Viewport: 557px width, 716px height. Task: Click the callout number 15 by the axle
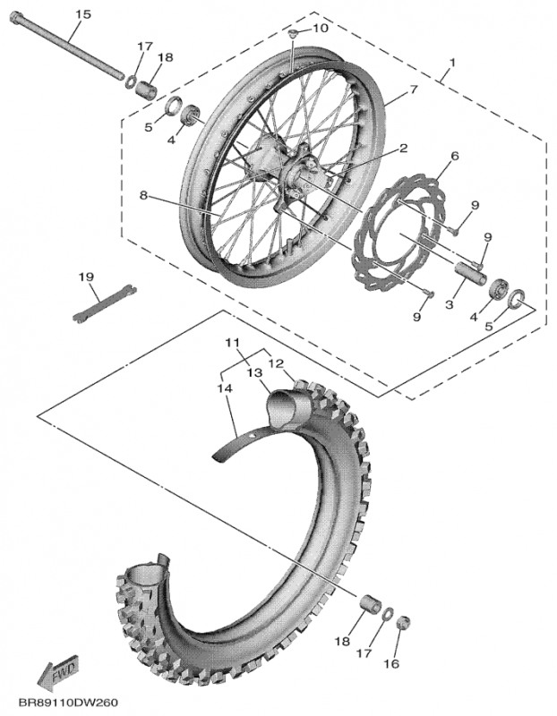[82, 14]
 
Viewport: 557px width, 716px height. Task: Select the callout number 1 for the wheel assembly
[452, 64]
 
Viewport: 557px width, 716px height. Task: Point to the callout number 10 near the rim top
[320, 29]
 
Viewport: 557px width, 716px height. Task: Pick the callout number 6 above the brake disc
[454, 156]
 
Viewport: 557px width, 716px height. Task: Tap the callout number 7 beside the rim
[414, 89]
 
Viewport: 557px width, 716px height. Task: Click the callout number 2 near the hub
[404, 148]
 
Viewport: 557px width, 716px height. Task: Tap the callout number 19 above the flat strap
[86, 277]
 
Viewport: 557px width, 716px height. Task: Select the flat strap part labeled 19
[103, 302]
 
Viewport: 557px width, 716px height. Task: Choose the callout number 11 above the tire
[233, 344]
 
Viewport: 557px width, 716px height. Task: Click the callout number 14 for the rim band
[223, 388]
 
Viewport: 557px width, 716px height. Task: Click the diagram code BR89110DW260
[68, 703]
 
